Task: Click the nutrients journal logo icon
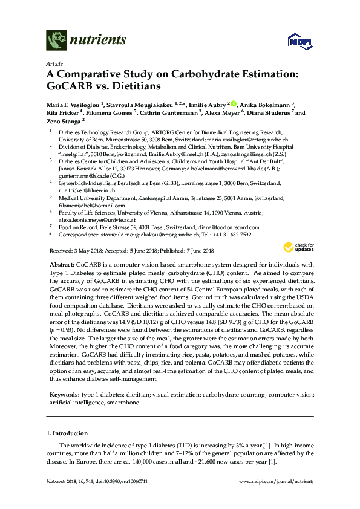(56, 41)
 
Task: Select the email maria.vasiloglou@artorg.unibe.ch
(247, 140)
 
